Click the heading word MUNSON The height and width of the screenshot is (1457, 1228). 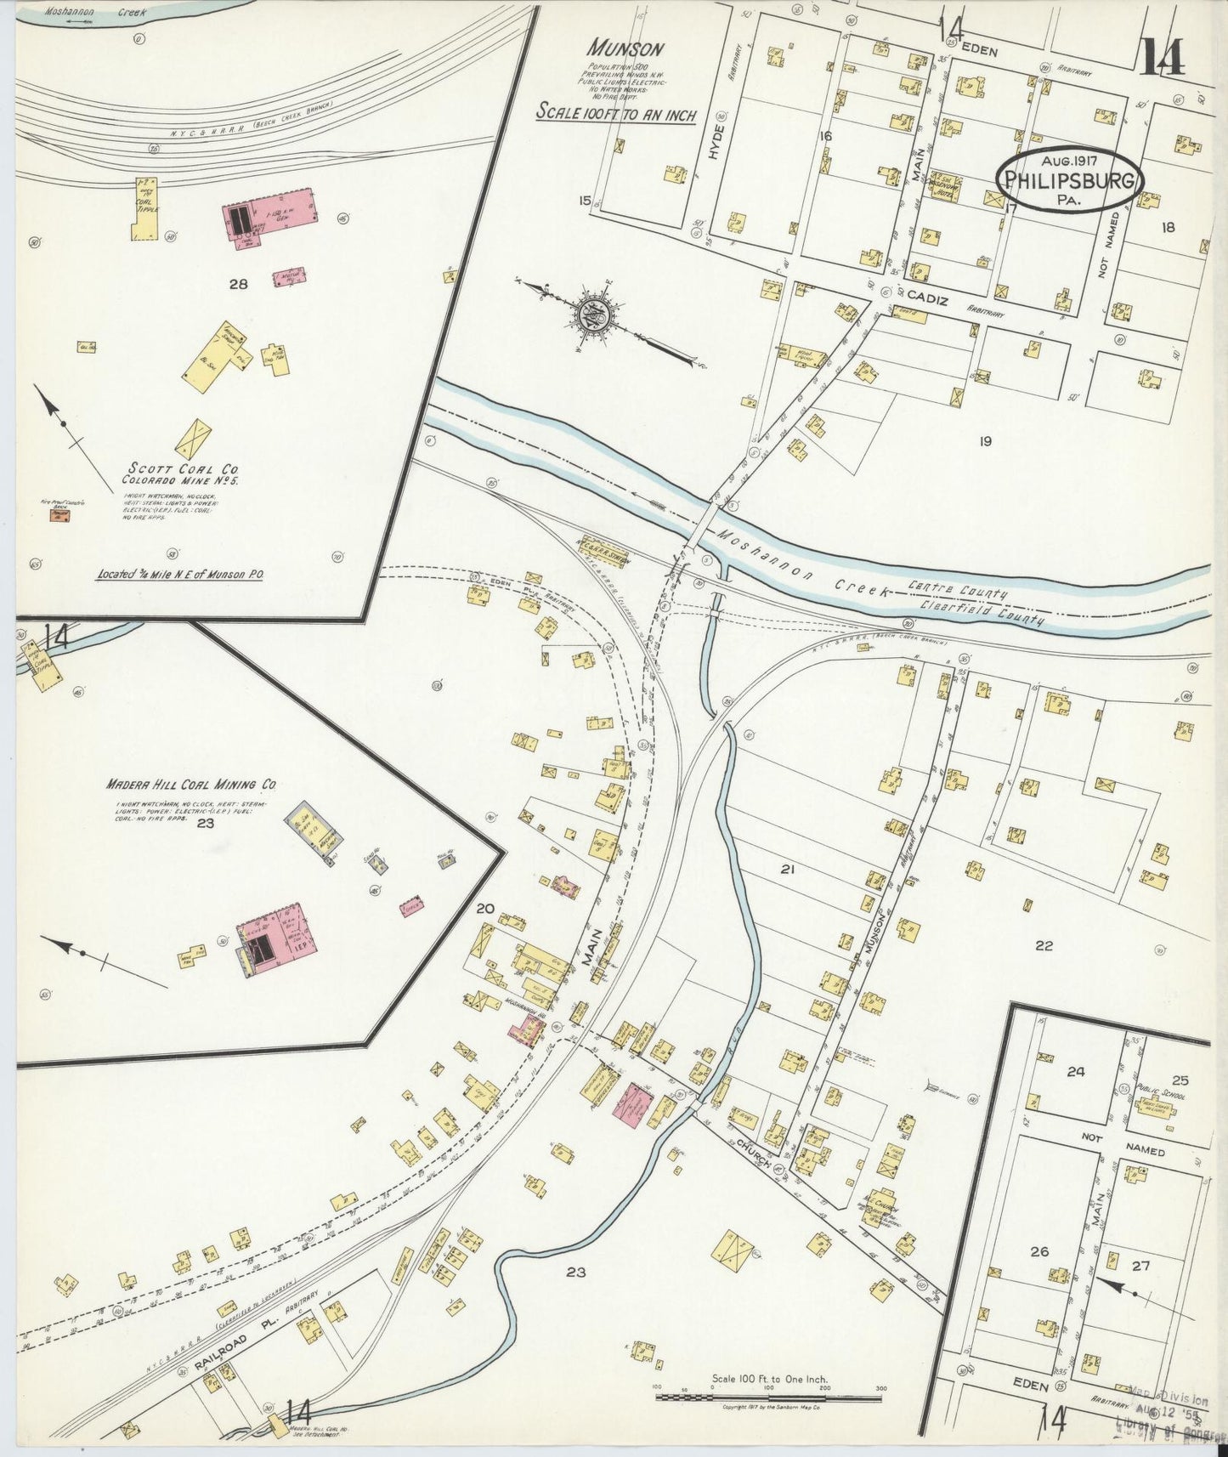click(629, 49)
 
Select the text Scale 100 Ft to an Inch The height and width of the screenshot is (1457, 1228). click(615, 114)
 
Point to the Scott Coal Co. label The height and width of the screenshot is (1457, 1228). click(183, 468)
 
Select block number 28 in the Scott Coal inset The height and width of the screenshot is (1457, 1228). click(238, 284)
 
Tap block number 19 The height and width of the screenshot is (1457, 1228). click(985, 440)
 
